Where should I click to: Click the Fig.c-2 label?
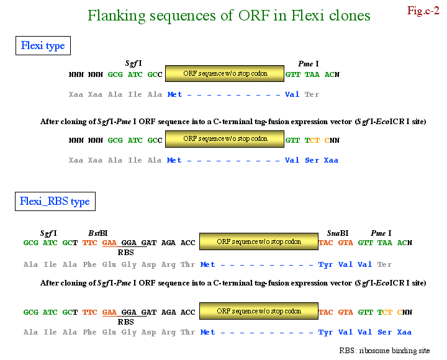click(x=423, y=10)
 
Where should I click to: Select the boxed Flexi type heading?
click(x=43, y=46)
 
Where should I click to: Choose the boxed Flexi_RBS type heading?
click(x=55, y=201)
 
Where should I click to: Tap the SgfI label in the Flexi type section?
click(x=133, y=63)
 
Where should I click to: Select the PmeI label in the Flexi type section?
click(x=309, y=63)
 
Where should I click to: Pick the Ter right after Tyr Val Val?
click(x=385, y=264)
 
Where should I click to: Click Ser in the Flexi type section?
click(x=312, y=160)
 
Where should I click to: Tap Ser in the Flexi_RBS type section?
click(x=385, y=332)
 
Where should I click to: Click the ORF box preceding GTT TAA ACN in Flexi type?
click(x=225, y=74)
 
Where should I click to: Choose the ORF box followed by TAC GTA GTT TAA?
click(x=259, y=242)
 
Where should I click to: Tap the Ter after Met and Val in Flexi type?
click(x=312, y=94)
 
